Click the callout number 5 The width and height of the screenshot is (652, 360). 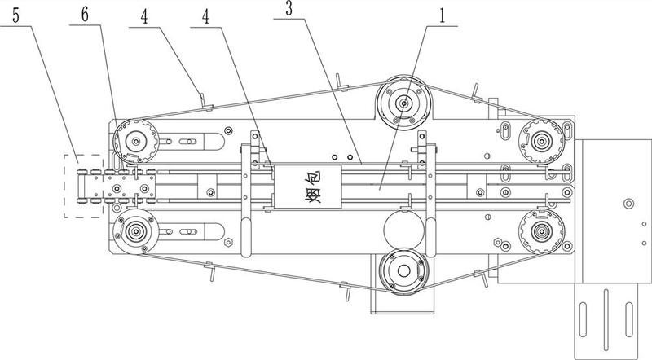pyautogui.click(x=15, y=15)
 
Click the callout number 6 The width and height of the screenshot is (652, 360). pyautogui.click(x=85, y=15)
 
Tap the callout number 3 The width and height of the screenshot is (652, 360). pyautogui.click(x=289, y=9)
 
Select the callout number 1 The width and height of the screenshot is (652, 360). pyautogui.click(x=442, y=15)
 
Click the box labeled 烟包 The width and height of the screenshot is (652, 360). pyautogui.click(x=308, y=187)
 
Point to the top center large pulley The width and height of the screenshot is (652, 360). pyautogui.click(x=403, y=103)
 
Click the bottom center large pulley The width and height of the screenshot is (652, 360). pyautogui.click(x=403, y=271)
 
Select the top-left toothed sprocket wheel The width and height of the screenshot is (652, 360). pyautogui.click(x=135, y=142)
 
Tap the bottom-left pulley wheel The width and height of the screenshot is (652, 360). pyautogui.click(x=136, y=231)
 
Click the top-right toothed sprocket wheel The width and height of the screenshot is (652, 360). pyautogui.click(x=541, y=141)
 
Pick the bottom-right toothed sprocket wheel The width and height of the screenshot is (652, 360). pyautogui.click(x=541, y=231)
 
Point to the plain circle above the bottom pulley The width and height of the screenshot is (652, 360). pyautogui.click(x=403, y=230)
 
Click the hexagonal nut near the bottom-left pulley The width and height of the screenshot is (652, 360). pyautogui.click(x=228, y=242)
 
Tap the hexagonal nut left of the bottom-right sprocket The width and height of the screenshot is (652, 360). pyautogui.click(x=496, y=242)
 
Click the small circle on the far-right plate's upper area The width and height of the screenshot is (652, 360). pyautogui.click(x=628, y=204)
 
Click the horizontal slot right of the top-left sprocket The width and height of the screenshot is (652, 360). pyautogui.click(x=188, y=142)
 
